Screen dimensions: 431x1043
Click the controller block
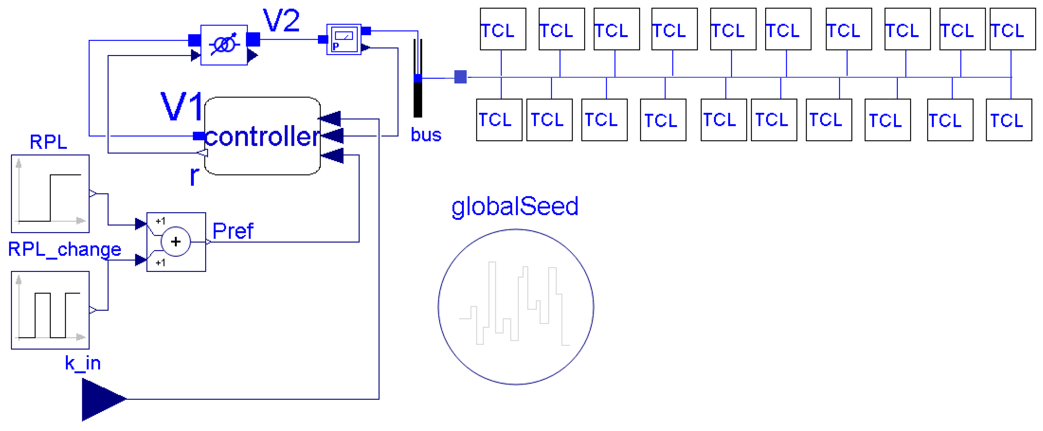pyautogui.click(x=262, y=136)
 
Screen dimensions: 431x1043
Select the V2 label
pyautogui.click(x=281, y=20)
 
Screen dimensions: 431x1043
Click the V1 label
pyautogui.click(x=182, y=106)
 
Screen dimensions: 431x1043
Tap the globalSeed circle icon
pyautogui.click(x=516, y=307)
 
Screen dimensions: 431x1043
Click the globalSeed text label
pyautogui.click(x=515, y=206)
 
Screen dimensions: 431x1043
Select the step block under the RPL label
pyautogui.click(x=50, y=194)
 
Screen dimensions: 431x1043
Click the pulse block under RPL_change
pyautogui.click(x=50, y=310)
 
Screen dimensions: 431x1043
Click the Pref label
pyautogui.click(x=233, y=231)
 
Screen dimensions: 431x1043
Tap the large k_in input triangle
pyautogui.click(x=101, y=399)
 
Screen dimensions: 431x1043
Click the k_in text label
pyautogui.click(x=83, y=363)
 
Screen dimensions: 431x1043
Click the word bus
pyautogui.click(x=426, y=135)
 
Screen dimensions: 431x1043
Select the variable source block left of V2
pyautogui.click(x=224, y=45)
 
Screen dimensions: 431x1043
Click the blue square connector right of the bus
pyautogui.click(x=460, y=77)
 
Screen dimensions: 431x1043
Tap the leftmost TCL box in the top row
pyautogui.click(x=503, y=29)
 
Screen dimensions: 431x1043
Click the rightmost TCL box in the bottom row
pyautogui.click(x=1009, y=120)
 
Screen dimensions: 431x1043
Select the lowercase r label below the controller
pyautogui.click(x=194, y=175)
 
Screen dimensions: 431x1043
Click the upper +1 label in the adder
pyautogui.click(x=160, y=221)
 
